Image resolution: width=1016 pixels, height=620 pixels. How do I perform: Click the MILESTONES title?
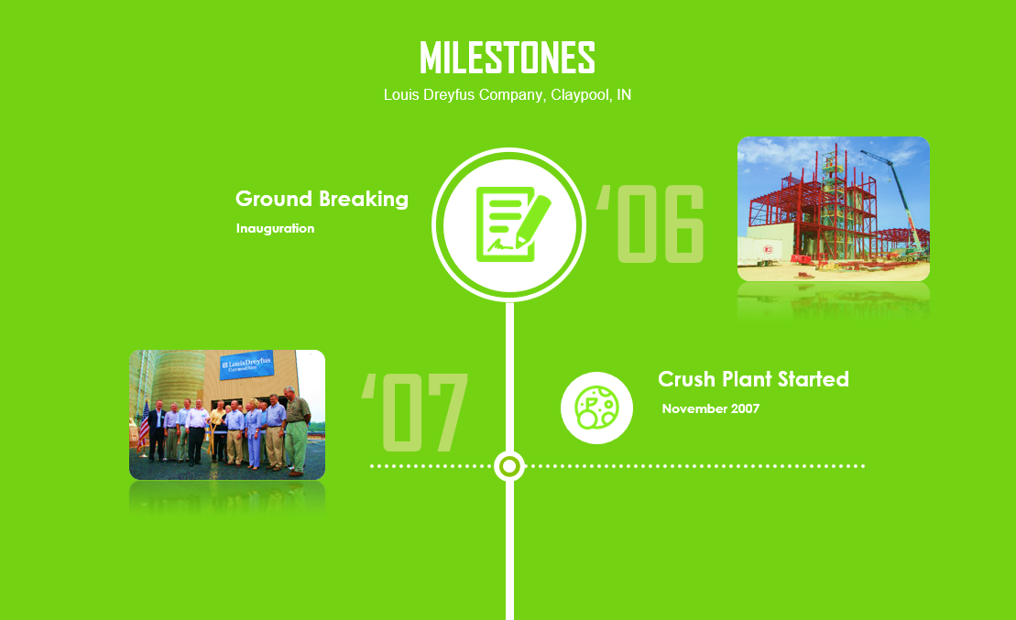click(508, 58)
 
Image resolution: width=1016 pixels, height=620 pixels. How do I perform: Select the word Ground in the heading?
click(273, 198)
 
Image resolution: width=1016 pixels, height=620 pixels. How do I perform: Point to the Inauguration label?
click(275, 228)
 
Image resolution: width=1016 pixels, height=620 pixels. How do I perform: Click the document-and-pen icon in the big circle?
click(512, 224)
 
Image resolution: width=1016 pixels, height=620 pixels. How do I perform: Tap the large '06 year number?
click(650, 224)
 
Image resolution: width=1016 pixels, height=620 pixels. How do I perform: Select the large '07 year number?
click(415, 412)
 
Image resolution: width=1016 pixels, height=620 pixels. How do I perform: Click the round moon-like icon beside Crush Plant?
click(596, 408)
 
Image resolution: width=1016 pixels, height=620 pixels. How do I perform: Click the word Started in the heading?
click(814, 379)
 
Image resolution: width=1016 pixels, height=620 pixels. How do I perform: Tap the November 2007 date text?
click(710, 408)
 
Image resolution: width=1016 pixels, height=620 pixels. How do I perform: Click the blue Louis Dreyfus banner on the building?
click(246, 365)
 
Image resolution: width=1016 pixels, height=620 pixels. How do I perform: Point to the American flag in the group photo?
click(143, 425)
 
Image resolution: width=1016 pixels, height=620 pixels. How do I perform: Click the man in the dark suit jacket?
click(157, 430)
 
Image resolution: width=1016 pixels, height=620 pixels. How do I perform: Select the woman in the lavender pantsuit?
click(253, 434)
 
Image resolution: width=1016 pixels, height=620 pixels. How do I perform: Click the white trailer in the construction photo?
click(759, 251)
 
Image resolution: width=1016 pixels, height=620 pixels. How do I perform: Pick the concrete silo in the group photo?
click(178, 378)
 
